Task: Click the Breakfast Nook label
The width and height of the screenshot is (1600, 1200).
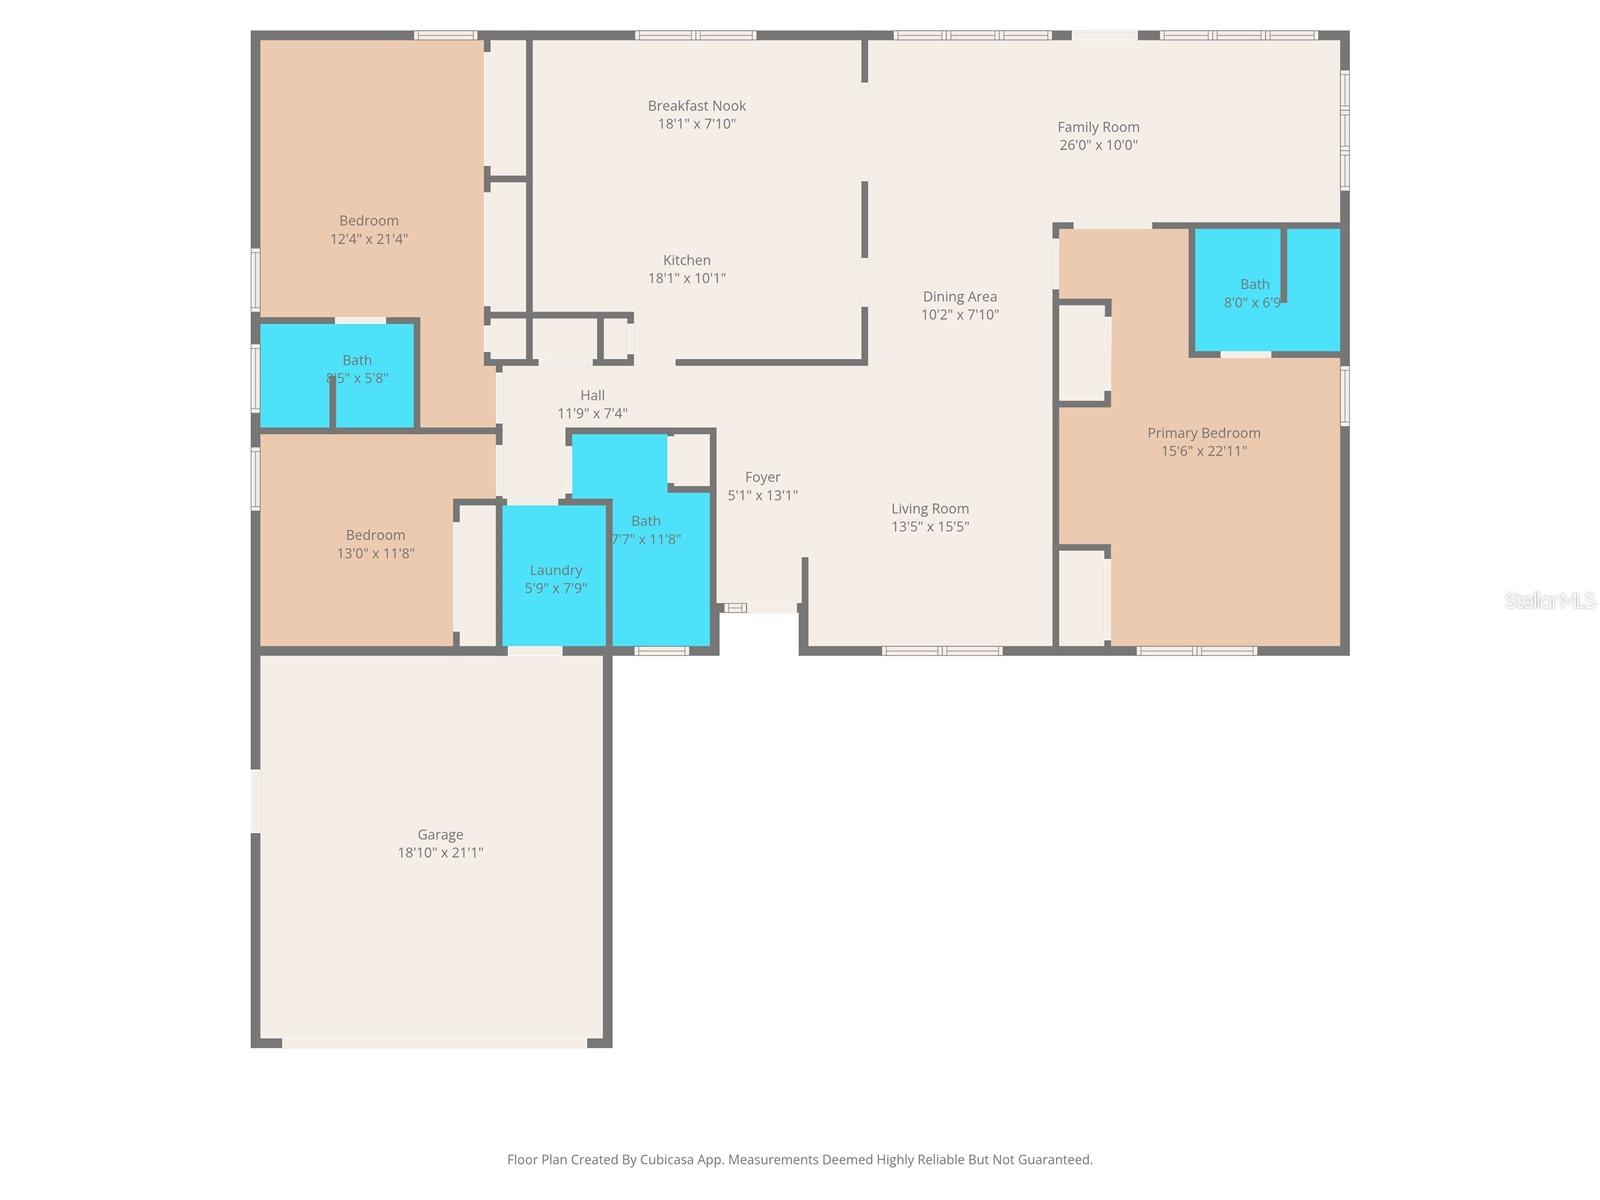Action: pyautogui.click(x=696, y=106)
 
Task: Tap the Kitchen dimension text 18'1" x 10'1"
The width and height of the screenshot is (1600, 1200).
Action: pyautogui.click(x=686, y=279)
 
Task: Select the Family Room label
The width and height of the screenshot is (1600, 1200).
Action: pyautogui.click(x=1098, y=127)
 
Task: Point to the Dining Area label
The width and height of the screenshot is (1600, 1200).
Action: pyautogui.click(x=959, y=297)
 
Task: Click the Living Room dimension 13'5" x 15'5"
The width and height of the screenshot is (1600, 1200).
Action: pyautogui.click(x=930, y=527)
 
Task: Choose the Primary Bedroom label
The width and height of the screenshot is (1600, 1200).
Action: pyautogui.click(x=1203, y=433)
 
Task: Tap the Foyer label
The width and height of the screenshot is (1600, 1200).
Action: pyautogui.click(x=762, y=478)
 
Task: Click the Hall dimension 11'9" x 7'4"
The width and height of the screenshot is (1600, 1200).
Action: pyautogui.click(x=592, y=414)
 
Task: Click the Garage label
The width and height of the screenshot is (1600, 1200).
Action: pyautogui.click(x=440, y=835)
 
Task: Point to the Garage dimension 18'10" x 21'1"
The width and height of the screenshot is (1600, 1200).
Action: pyautogui.click(x=440, y=853)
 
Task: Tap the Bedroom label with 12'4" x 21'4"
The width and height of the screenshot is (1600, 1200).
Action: pyautogui.click(x=368, y=221)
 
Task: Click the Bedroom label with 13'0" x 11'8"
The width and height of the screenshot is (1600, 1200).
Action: pyautogui.click(x=375, y=536)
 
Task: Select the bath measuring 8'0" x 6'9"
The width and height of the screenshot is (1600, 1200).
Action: pyautogui.click(x=1254, y=293)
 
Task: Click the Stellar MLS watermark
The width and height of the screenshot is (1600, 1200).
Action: pyautogui.click(x=1549, y=600)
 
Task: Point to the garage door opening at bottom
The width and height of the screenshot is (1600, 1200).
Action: pyautogui.click(x=434, y=1043)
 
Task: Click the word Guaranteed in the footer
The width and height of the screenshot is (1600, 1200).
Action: pyautogui.click(x=1055, y=1160)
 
